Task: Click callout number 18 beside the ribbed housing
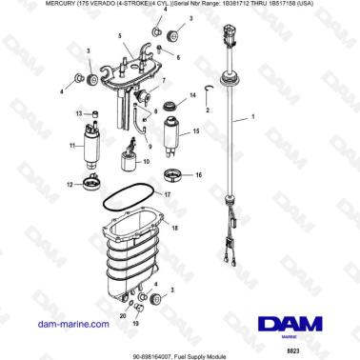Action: pyautogui.click(x=174, y=227)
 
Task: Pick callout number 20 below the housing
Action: pyautogui.click(x=121, y=314)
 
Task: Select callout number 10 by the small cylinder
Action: pyautogui.click(x=146, y=163)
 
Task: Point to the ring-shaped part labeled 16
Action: pyautogui.click(x=173, y=175)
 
